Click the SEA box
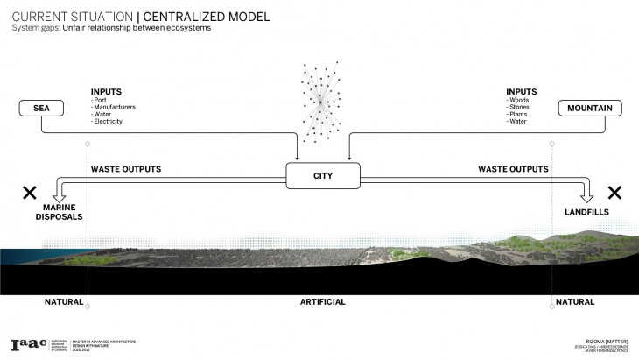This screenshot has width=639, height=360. point(41,109)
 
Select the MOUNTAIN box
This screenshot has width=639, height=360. point(592,109)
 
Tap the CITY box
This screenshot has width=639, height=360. point(323,176)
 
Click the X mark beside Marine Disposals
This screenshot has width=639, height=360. point(30,192)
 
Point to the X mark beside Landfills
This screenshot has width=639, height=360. point(614,192)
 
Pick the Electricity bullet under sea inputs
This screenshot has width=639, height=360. point(109,121)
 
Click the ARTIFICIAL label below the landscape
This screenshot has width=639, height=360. point(322,301)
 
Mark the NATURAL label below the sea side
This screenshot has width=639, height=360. point(64,301)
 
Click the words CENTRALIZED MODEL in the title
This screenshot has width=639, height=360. point(213,17)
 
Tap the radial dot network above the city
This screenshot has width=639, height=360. point(321,102)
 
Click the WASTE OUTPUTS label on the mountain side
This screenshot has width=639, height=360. point(513,169)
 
